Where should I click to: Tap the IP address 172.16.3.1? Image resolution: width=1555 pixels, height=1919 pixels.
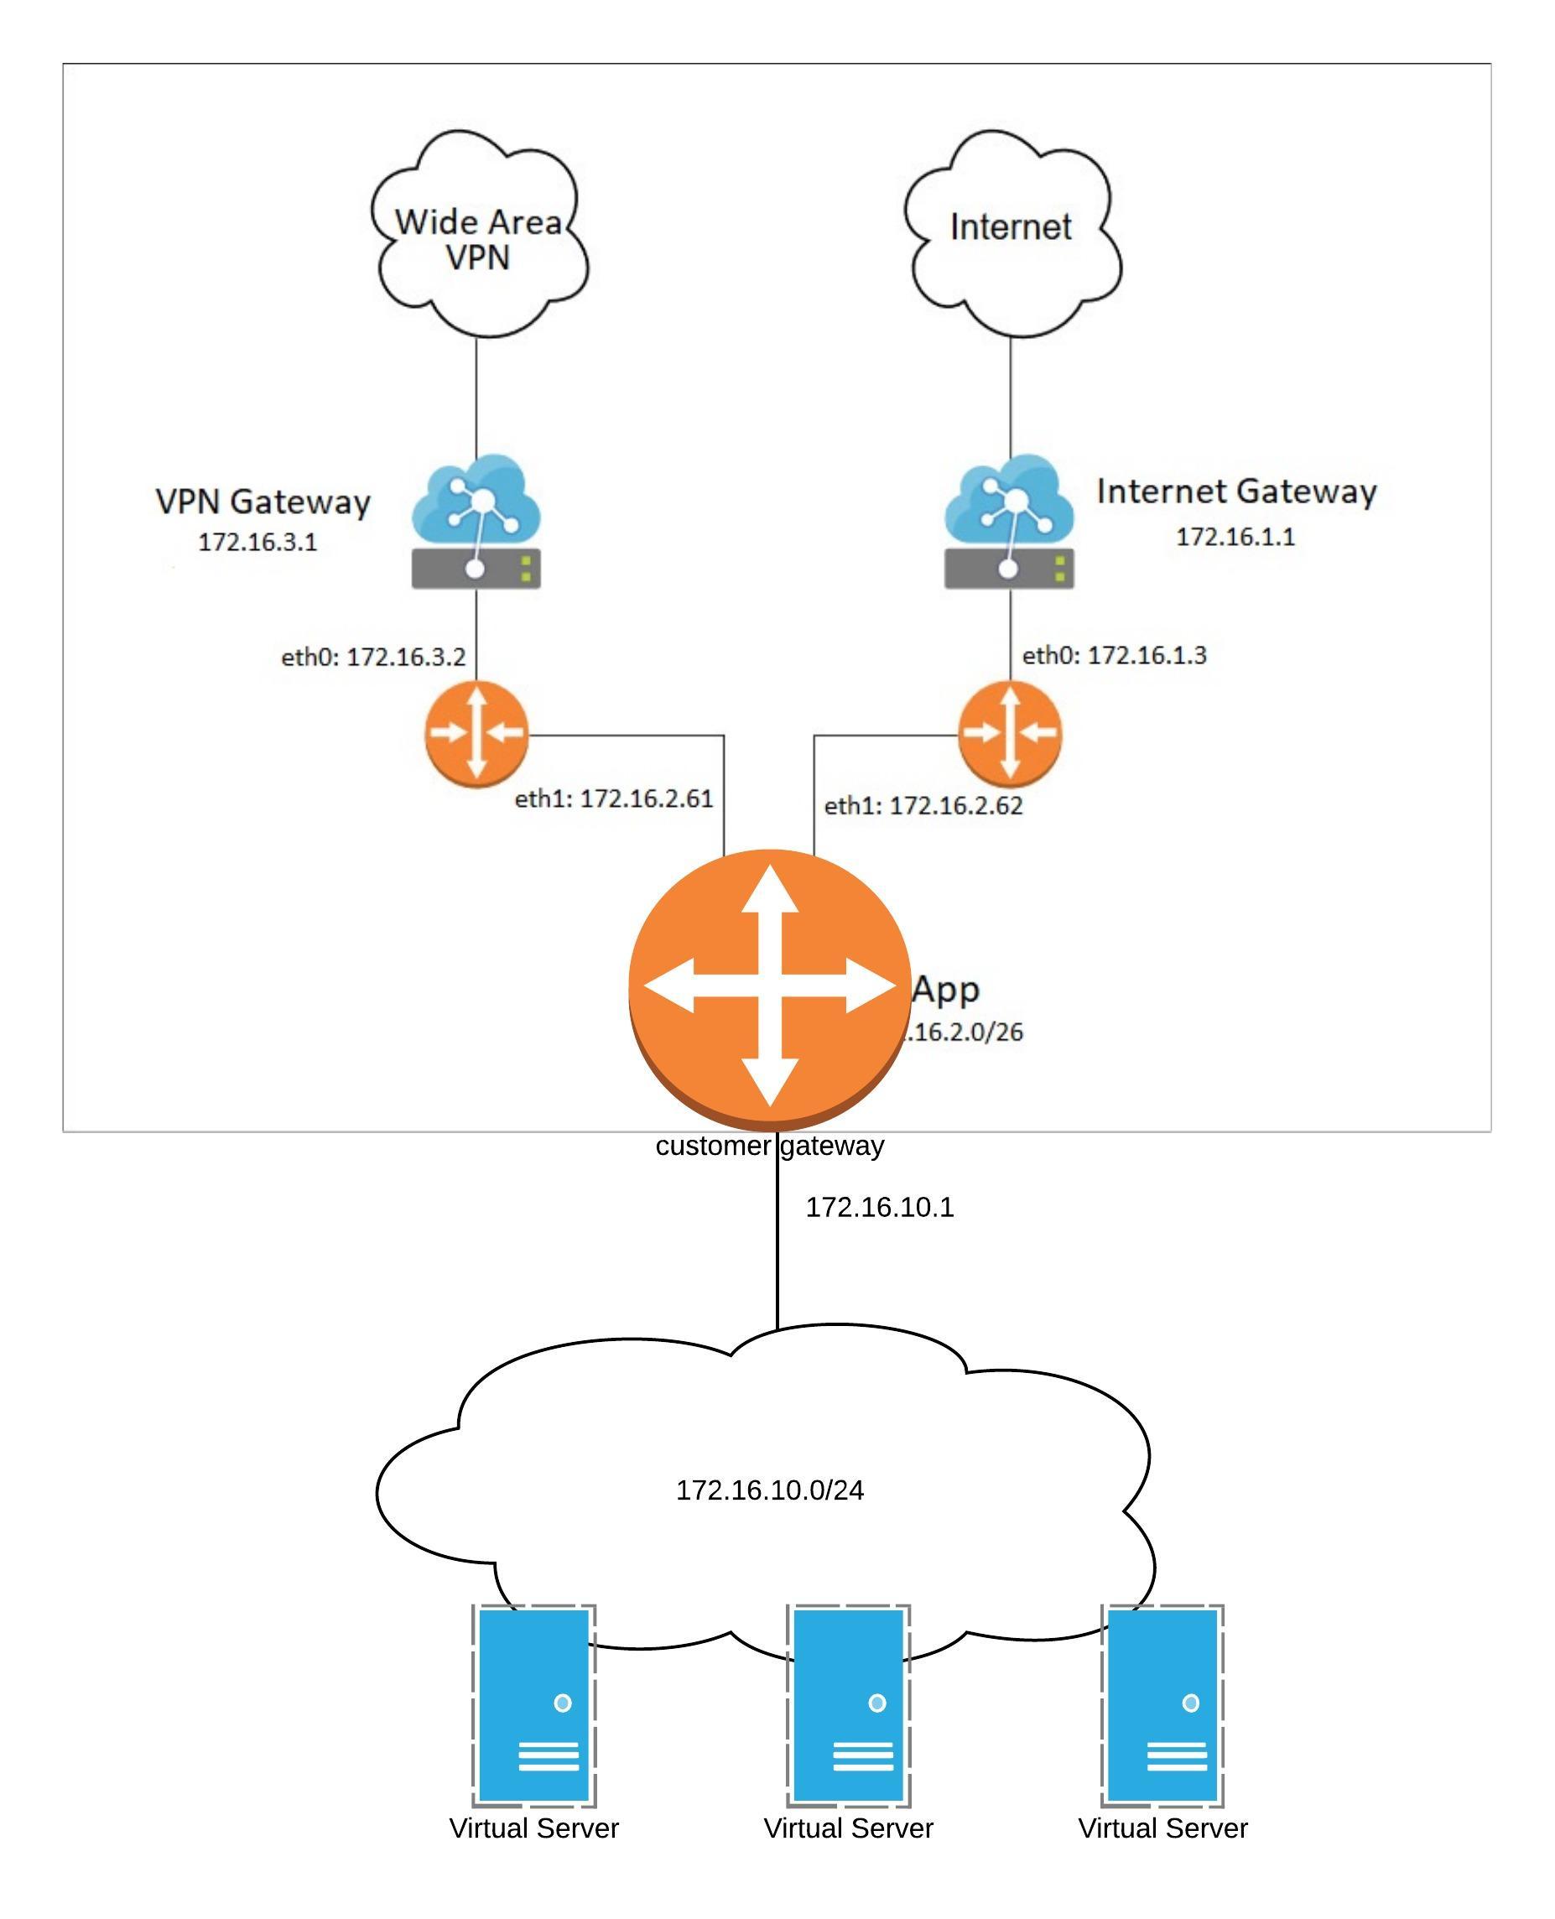tap(258, 542)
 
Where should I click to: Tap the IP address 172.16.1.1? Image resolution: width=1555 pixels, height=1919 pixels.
tap(1235, 537)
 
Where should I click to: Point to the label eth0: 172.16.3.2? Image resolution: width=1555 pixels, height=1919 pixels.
tap(373, 658)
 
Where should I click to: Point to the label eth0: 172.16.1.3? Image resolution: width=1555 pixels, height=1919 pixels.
tap(1115, 656)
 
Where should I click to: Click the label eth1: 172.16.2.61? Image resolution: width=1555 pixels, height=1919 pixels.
tap(614, 798)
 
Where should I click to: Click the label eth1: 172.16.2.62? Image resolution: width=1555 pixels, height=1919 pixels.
tap(923, 805)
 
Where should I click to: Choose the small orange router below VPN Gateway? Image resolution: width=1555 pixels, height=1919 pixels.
tap(476, 734)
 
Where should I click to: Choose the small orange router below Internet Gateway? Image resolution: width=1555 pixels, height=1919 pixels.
tap(1010, 733)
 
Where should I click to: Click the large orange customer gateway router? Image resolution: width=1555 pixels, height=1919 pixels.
tap(770, 986)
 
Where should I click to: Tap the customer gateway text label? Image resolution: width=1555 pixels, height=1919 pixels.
tap(769, 1146)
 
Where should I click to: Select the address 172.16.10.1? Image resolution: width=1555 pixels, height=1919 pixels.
tap(880, 1208)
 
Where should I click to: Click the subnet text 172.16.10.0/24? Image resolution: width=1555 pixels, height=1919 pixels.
tap(769, 1490)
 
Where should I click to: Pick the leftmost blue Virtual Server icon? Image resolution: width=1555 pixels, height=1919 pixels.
tap(534, 1706)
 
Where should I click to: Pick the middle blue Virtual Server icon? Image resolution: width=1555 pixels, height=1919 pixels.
tap(848, 1706)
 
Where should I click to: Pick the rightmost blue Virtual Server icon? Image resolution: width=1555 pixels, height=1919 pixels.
tap(1162, 1706)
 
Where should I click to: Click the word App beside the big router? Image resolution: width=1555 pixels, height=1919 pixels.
tap(947, 990)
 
